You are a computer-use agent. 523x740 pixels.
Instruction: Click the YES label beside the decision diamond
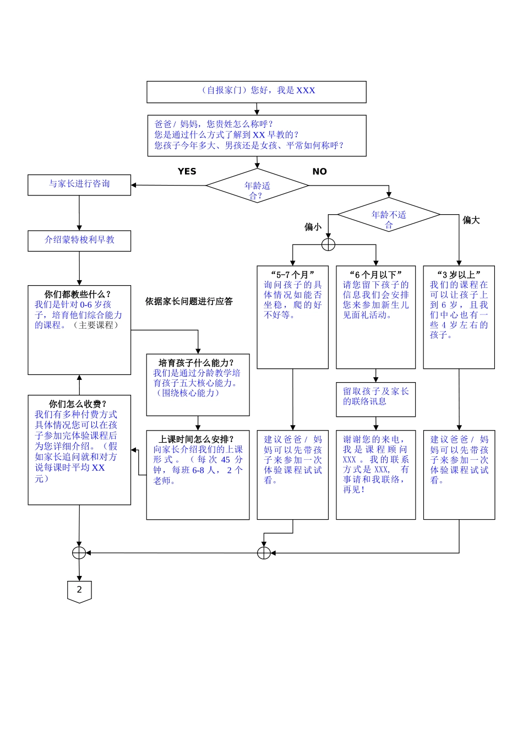coord(187,171)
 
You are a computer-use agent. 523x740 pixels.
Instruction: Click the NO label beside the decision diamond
coord(319,171)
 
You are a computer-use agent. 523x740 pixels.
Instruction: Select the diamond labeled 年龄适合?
coord(257,186)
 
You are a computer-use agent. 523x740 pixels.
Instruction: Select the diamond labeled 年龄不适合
coord(389,215)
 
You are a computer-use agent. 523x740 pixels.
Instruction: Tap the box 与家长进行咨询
coord(79,185)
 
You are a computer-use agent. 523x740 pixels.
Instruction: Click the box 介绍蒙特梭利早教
coord(79,241)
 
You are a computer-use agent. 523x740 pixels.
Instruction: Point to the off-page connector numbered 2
coord(79,591)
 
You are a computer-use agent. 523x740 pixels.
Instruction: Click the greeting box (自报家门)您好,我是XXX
coord(257,91)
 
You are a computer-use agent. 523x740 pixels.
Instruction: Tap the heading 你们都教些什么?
coord(78,295)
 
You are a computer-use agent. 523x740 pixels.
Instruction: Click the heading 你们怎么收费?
coord(78,404)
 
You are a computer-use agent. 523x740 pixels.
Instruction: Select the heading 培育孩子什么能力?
coord(196,363)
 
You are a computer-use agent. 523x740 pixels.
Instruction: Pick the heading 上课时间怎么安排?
coord(196,439)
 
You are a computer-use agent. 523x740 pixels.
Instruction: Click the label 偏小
coord(313,227)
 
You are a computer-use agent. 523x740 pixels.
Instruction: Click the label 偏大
coord(471,220)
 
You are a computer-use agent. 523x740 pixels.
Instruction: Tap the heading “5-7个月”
coord(292,274)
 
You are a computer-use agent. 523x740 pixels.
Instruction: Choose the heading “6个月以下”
coord(375,274)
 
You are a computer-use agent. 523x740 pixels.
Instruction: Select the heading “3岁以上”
coord(459,274)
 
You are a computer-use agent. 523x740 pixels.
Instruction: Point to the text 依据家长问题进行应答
coord(189,301)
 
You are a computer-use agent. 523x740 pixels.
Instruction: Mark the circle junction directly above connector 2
coord(79,552)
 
